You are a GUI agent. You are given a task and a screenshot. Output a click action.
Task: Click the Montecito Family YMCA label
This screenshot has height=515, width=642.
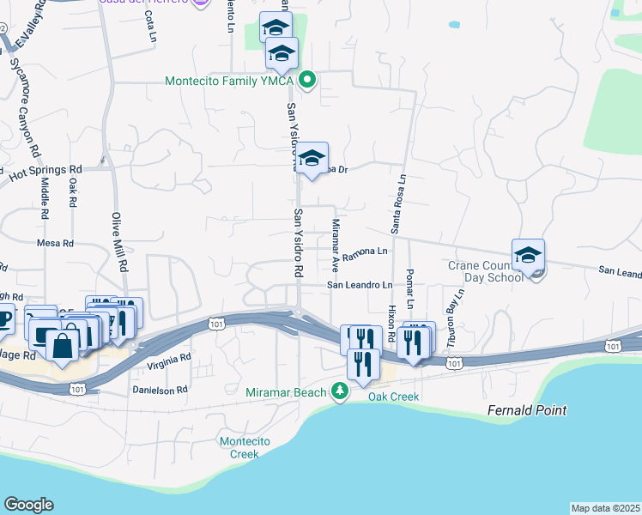coord(229,82)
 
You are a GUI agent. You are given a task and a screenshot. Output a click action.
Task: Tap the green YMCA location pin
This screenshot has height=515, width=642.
coord(306,82)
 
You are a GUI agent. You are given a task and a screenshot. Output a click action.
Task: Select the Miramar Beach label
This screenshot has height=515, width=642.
coord(287,392)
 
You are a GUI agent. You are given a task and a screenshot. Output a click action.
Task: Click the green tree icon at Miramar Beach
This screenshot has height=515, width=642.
coord(340,392)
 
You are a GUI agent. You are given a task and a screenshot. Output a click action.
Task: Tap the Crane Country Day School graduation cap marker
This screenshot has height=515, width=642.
coord(528,255)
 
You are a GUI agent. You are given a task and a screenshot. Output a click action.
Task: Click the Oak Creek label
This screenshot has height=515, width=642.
coord(393,397)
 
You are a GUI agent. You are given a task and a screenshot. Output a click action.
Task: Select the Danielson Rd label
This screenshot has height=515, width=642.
coord(159,390)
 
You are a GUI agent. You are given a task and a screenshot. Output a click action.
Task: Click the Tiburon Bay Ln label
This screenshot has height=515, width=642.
coord(454,318)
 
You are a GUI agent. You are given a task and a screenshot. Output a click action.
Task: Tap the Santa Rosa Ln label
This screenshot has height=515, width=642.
coord(397,203)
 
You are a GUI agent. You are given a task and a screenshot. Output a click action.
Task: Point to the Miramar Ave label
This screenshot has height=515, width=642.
coord(336,243)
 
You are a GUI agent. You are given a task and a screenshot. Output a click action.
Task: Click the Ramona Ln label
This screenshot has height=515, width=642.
coord(366,255)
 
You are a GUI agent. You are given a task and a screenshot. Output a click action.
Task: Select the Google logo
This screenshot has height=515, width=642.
coord(28,505)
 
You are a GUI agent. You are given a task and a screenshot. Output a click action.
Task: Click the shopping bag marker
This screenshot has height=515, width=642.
coord(62,345)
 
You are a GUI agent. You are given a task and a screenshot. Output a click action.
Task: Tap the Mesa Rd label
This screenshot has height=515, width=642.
coord(55,244)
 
